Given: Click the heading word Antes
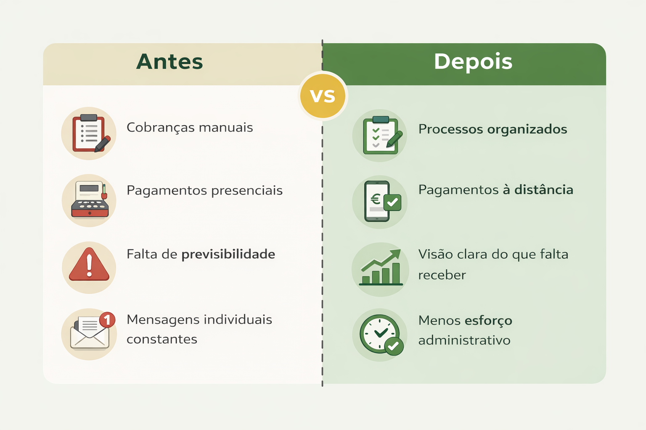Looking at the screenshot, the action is (x=169, y=62).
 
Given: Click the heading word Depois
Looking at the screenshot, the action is (x=473, y=62).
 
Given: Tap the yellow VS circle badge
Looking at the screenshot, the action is (x=323, y=96).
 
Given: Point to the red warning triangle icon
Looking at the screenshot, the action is (x=89, y=264).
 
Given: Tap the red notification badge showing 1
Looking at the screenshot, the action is (x=107, y=320).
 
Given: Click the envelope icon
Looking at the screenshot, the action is (x=90, y=332).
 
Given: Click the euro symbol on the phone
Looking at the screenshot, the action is (x=376, y=199).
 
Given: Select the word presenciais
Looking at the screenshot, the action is (x=247, y=190).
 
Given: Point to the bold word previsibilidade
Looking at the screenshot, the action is (x=228, y=254).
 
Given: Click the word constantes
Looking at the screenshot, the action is (x=162, y=339).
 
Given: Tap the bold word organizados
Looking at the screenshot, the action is (x=527, y=129).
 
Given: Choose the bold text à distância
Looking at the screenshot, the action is (x=538, y=189).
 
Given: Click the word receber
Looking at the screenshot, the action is (x=442, y=275).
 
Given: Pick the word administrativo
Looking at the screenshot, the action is (x=464, y=341).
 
